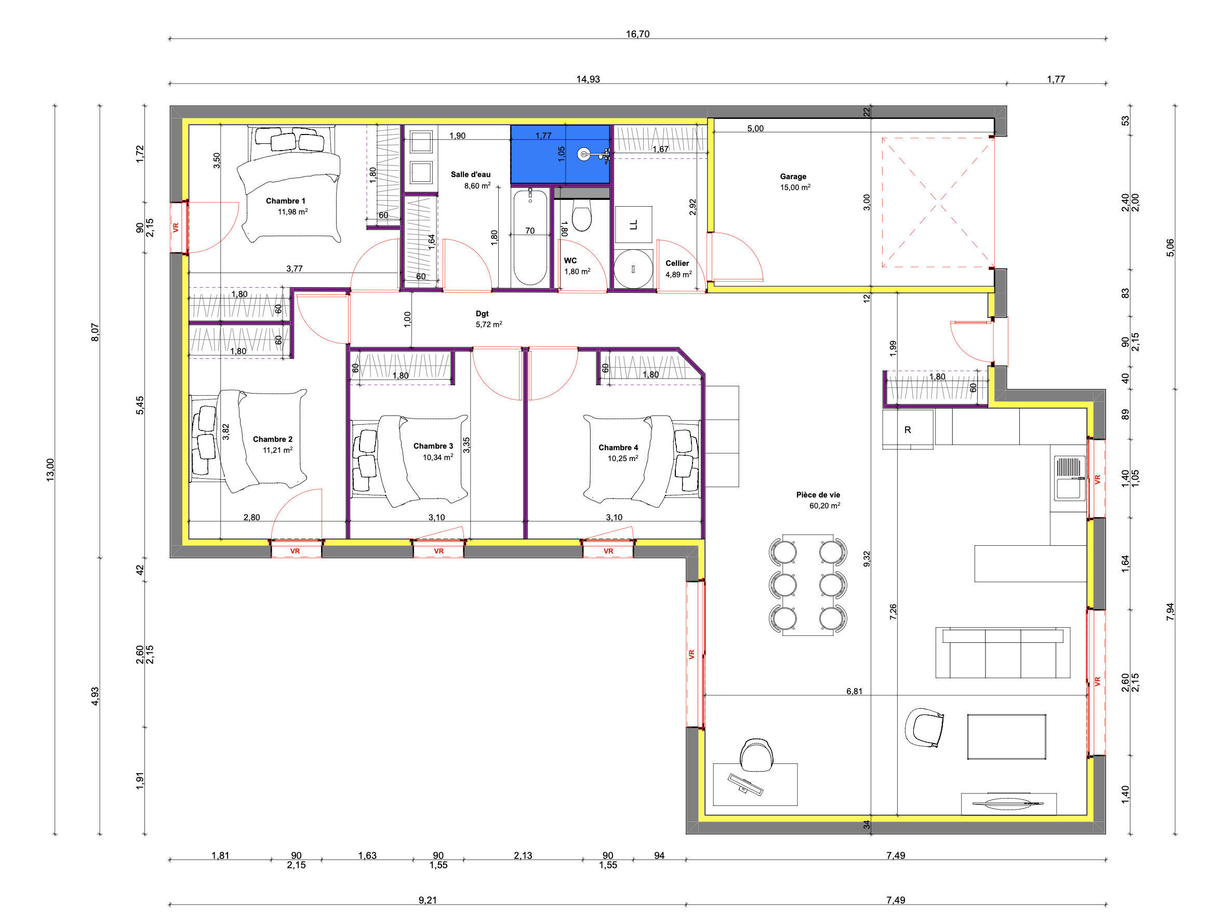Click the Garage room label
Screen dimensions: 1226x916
[793, 177]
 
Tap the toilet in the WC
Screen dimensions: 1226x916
[581, 215]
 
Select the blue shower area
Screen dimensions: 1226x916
[560, 154]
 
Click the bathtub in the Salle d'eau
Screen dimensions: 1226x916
[530, 237]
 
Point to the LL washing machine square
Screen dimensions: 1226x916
[633, 224]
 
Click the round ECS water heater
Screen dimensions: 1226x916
[633, 269]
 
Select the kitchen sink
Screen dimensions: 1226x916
[1070, 478]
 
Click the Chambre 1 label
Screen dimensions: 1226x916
[285, 201]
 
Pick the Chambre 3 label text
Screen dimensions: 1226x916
[433, 446]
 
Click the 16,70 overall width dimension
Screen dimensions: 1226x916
[637, 34]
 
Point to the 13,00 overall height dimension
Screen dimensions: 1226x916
[50, 470]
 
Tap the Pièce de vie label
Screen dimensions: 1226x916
[818, 495]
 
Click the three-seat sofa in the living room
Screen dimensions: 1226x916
[1003, 652]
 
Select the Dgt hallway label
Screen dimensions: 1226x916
[482, 314]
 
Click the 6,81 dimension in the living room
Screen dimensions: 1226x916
[854, 691]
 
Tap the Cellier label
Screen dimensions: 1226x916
[677, 263]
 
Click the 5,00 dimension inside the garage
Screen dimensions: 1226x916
[755, 129]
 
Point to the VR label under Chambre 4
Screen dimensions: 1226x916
[608, 551]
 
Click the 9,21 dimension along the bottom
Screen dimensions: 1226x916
[428, 900]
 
